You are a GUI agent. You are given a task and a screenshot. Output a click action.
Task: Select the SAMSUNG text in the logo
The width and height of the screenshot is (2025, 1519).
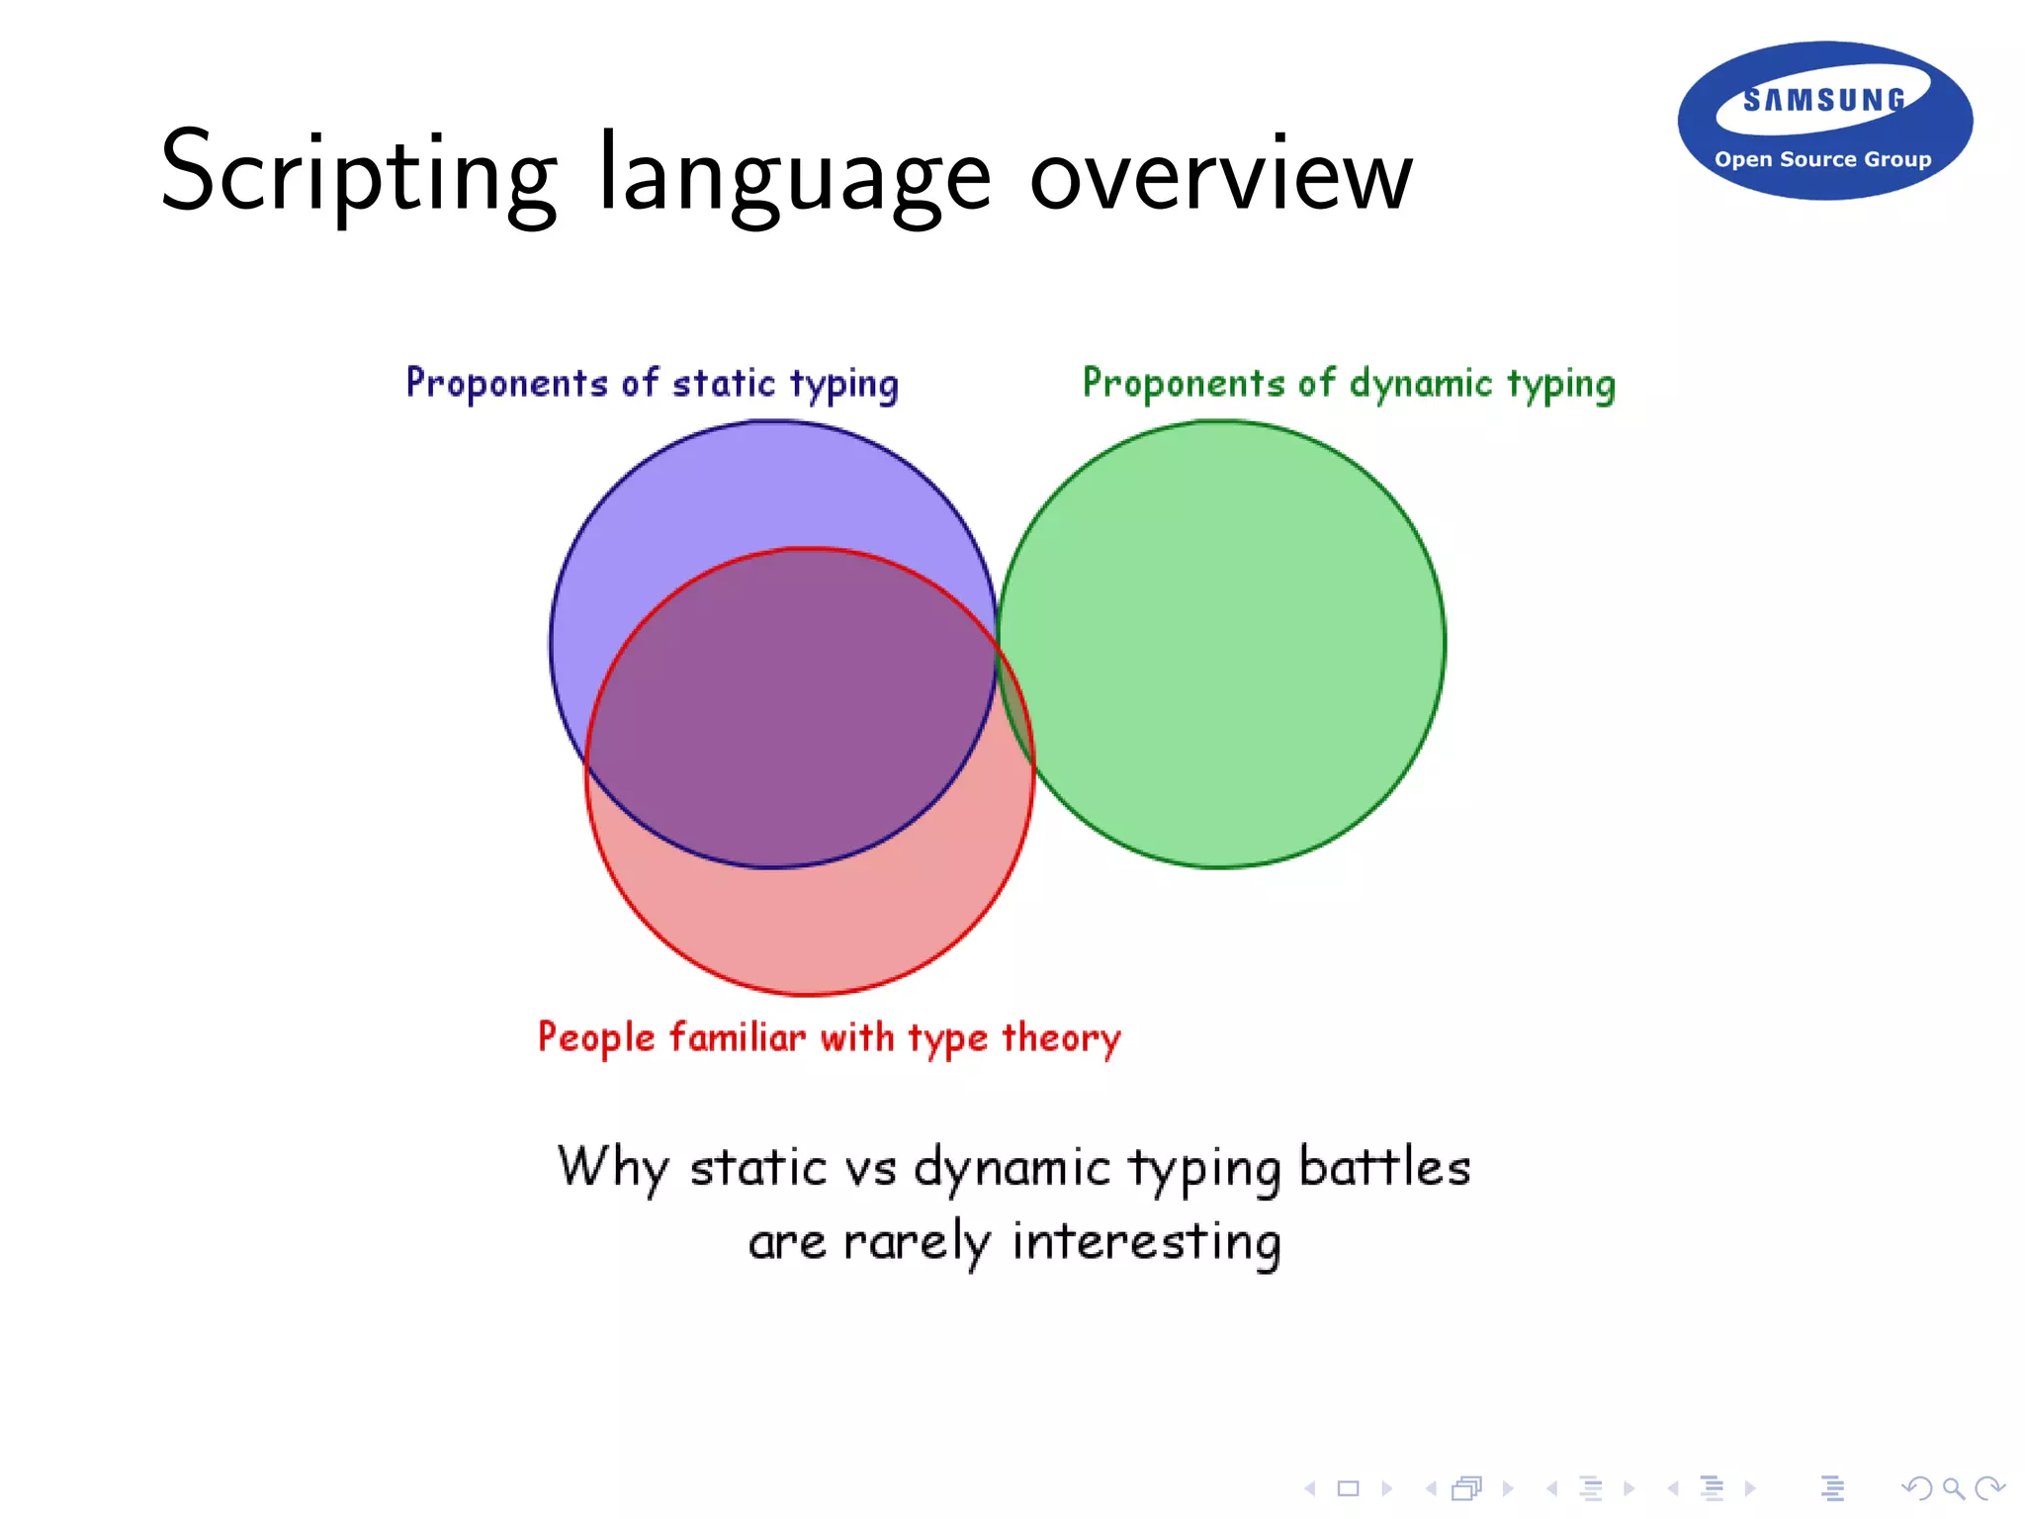pyautogui.click(x=1824, y=100)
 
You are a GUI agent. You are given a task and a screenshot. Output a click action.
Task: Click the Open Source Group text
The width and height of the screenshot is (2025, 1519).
pyautogui.click(x=1822, y=159)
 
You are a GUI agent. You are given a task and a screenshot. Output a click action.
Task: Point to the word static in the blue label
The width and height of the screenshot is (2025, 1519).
pyautogui.click(x=724, y=384)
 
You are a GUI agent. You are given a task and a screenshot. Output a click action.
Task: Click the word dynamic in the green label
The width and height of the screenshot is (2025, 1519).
pyautogui.click(x=1420, y=384)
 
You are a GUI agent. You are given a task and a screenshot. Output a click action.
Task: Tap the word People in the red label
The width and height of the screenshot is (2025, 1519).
pyautogui.click(x=595, y=1037)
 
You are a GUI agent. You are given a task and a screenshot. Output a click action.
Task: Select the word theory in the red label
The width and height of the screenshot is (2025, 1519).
pyautogui.click(x=1061, y=1037)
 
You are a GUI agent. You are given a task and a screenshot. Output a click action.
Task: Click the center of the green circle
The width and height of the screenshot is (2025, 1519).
pyautogui.click(x=1222, y=644)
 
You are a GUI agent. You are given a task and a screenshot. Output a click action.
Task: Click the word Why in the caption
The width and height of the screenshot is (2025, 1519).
pyautogui.click(x=612, y=1167)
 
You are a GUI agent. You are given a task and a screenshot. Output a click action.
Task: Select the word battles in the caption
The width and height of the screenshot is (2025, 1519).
pyautogui.click(x=1384, y=1166)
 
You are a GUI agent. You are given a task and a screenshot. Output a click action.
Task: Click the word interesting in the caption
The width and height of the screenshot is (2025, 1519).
pyautogui.click(x=1147, y=1242)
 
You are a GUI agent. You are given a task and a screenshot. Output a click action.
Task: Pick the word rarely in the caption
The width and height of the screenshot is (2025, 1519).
pyautogui.click(x=917, y=1242)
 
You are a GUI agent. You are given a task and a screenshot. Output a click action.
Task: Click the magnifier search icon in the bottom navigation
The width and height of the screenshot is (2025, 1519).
pyautogui.click(x=1952, y=1488)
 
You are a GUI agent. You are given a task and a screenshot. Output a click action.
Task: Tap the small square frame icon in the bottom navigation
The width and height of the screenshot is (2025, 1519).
pyautogui.click(x=1349, y=1488)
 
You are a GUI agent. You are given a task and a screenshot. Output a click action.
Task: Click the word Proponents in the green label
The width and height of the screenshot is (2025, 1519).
pyautogui.click(x=1183, y=384)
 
